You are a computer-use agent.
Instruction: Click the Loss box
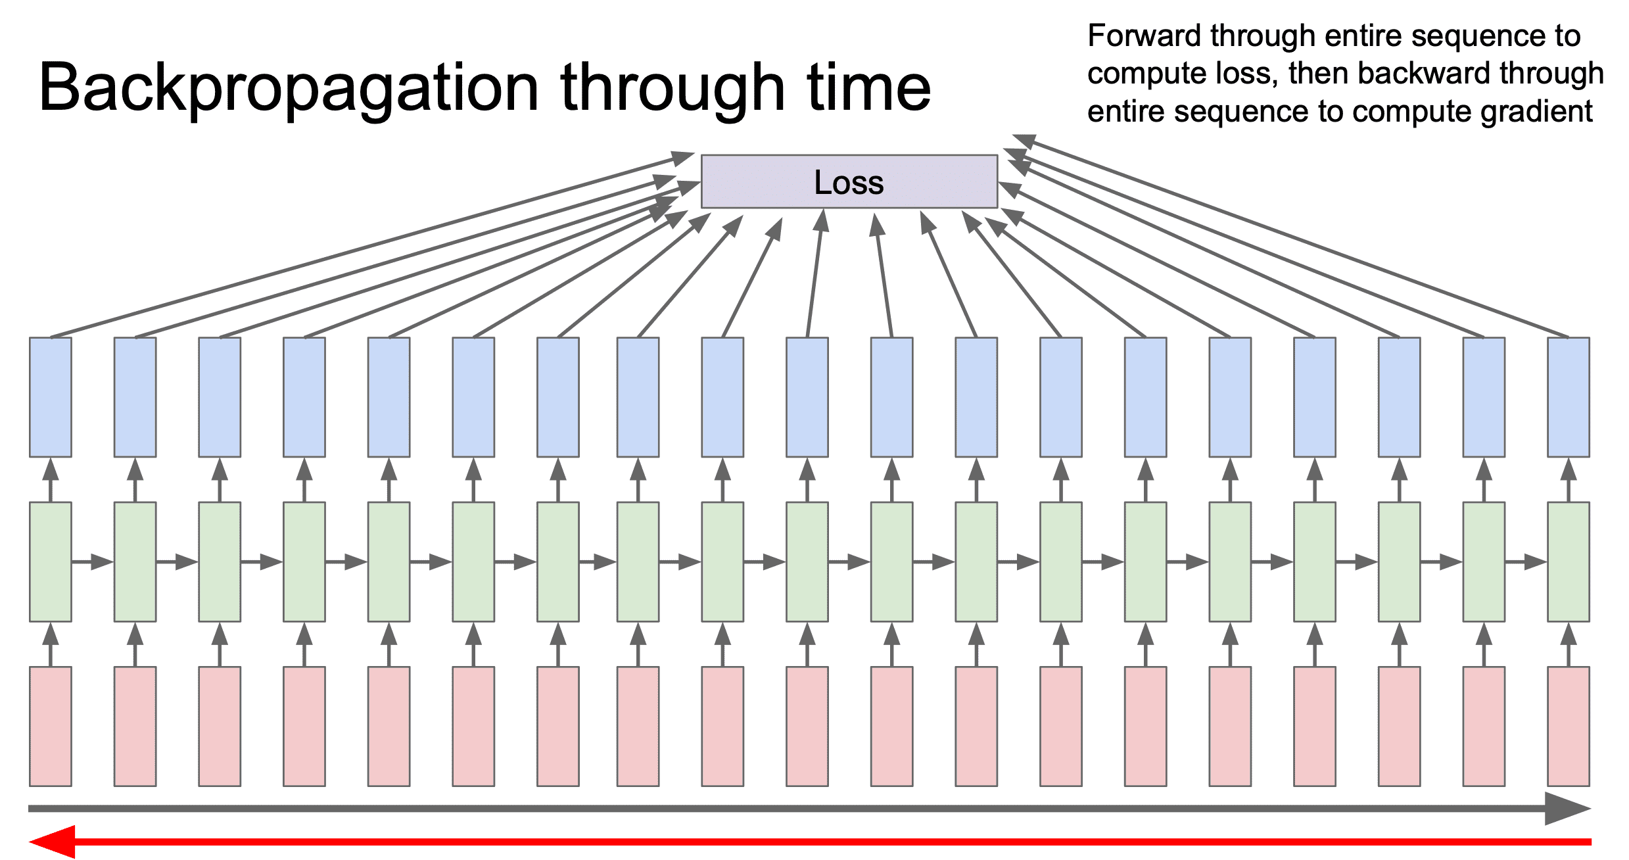pyautogui.click(x=849, y=181)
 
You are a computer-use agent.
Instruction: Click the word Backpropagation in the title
pyautogui.click(x=289, y=89)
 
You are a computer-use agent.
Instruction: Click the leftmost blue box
pyautogui.click(x=51, y=397)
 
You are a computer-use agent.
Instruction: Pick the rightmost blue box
pyautogui.click(x=1569, y=397)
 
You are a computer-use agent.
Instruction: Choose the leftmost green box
pyautogui.click(x=51, y=561)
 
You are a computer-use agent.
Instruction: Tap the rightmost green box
pyautogui.click(x=1569, y=561)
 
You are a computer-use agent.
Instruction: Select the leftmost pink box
pyautogui.click(x=51, y=727)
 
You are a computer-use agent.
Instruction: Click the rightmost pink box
pyautogui.click(x=1569, y=727)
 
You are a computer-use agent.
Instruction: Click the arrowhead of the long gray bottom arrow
pyautogui.click(x=1568, y=808)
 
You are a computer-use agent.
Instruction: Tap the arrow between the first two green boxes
pyautogui.click(x=93, y=561)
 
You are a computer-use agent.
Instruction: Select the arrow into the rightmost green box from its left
pyautogui.click(x=1526, y=561)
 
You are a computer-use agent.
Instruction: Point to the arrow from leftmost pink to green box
pyautogui.click(x=51, y=644)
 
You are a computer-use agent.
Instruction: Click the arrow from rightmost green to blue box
pyautogui.click(x=1569, y=480)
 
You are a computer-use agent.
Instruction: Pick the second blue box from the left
pyautogui.click(x=135, y=397)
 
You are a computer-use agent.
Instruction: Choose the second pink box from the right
pyautogui.click(x=1484, y=727)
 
